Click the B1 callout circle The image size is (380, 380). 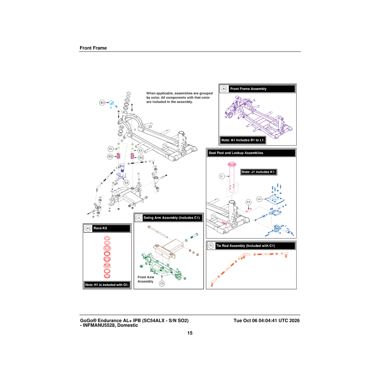pyautogui.click(x=102, y=103)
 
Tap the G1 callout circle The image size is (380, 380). pyautogui.click(x=126, y=183)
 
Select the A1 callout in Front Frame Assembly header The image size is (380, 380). pyautogui.click(x=224, y=89)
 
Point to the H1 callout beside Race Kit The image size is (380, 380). pyautogui.click(x=88, y=228)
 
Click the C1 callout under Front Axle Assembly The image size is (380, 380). pyautogui.click(x=162, y=283)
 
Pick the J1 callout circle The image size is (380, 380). pyautogui.click(x=222, y=176)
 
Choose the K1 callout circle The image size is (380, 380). pyautogui.click(x=249, y=202)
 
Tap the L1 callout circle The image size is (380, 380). pyautogui.click(x=259, y=199)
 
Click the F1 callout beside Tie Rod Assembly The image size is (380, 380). pyautogui.click(x=211, y=246)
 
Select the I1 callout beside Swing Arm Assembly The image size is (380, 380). pyautogui.click(x=139, y=218)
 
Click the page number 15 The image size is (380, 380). pyautogui.click(x=190, y=333)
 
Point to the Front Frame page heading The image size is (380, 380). pyautogui.click(x=93, y=48)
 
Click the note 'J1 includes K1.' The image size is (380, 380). pyautogui.click(x=258, y=172)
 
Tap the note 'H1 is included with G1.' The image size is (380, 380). pyautogui.click(x=107, y=285)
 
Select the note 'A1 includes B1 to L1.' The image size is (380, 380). pyautogui.click(x=243, y=140)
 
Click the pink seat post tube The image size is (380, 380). pyautogui.click(x=232, y=177)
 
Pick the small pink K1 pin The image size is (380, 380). pyautogui.click(x=248, y=210)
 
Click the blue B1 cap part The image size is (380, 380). pyautogui.click(x=111, y=103)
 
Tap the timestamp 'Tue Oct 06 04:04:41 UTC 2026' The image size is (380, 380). pyautogui.click(x=267, y=320)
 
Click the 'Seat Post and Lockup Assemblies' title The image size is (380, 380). pyautogui.click(x=236, y=153)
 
